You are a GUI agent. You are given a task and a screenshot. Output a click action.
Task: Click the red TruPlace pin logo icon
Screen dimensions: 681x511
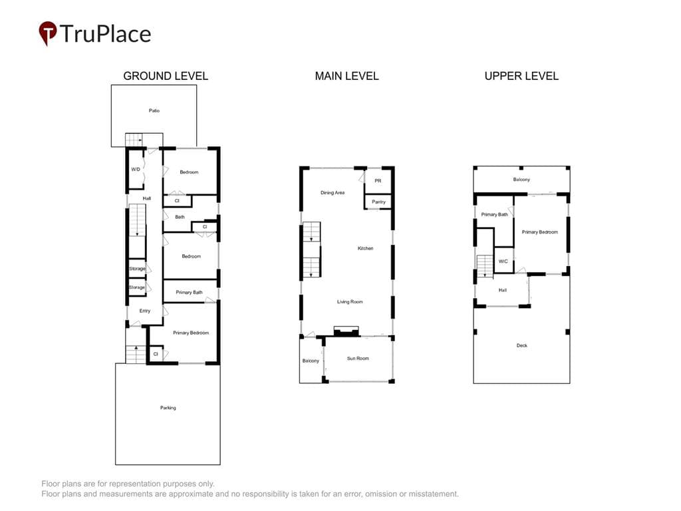(x=48, y=33)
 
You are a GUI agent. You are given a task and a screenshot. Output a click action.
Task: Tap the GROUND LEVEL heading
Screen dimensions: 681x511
(x=166, y=76)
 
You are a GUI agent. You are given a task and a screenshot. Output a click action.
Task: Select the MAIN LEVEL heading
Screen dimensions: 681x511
(x=346, y=76)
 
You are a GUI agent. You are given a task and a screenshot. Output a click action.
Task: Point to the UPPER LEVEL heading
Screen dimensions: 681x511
(x=521, y=76)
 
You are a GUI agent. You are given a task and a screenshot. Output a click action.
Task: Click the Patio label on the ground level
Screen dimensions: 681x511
(x=154, y=111)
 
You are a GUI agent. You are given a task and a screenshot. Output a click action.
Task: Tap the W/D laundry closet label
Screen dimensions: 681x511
(x=136, y=170)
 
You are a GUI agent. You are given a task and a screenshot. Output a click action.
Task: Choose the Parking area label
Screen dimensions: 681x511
(x=168, y=408)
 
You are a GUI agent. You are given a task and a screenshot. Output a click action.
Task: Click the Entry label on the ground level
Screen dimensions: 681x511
(x=144, y=311)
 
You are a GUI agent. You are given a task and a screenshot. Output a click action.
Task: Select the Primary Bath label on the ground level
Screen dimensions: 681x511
(x=189, y=293)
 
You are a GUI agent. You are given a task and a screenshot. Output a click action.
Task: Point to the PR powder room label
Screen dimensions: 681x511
(x=378, y=181)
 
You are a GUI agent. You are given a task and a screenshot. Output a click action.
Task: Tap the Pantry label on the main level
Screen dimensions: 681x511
(x=378, y=202)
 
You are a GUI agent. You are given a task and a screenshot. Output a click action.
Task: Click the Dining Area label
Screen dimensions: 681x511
(x=333, y=192)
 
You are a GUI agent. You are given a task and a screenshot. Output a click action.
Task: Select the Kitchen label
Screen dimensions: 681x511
(x=365, y=248)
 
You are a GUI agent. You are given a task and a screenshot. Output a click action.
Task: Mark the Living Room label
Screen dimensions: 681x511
(x=350, y=301)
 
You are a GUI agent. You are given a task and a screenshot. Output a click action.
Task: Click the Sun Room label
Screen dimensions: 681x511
(x=358, y=359)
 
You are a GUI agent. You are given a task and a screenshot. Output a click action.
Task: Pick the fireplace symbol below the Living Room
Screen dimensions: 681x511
(x=346, y=331)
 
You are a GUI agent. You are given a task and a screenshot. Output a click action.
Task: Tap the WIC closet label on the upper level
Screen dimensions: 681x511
(x=503, y=261)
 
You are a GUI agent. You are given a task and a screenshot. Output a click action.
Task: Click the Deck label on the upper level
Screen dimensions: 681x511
(x=521, y=345)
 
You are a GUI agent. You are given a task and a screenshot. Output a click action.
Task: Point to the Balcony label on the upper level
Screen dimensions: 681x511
(x=521, y=180)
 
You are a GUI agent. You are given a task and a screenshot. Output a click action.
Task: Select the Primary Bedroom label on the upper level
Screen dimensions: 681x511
(x=540, y=232)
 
